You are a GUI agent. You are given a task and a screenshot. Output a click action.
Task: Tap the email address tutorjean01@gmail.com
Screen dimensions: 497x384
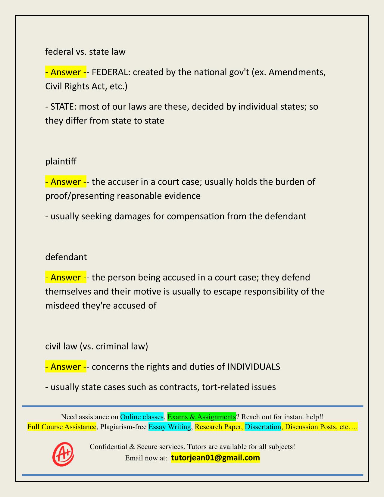pyautogui.click(x=215, y=458)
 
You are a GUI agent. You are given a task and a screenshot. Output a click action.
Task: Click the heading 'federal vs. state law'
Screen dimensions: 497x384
pyautogui.click(x=85, y=52)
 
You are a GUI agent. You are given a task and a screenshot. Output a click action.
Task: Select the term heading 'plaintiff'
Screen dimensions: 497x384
pyautogui.click(x=61, y=161)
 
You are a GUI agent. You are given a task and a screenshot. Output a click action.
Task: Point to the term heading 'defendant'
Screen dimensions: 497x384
pyautogui.click(x=66, y=257)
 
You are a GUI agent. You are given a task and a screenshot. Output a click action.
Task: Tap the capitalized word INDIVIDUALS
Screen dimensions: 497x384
pyautogui.click(x=253, y=367)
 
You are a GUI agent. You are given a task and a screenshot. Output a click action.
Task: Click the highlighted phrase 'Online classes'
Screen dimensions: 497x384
pyautogui.click(x=142, y=417)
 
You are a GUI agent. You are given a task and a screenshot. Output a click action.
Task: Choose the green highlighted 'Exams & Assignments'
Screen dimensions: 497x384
pyautogui.click(x=201, y=417)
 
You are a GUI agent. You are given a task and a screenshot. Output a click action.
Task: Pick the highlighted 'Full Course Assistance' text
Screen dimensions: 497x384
pyautogui.click(x=62, y=427)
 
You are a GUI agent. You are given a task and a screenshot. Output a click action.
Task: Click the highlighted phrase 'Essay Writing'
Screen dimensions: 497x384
pyautogui.click(x=170, y=427)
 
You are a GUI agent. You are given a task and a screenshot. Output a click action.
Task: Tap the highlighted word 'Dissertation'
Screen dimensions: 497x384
pyautogui.click(x=263, y=427)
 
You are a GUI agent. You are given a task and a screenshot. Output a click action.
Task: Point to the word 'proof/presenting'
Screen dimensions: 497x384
pyautogui.click(x=80, y=196)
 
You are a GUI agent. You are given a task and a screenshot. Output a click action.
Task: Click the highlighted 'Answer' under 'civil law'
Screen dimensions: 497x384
pyautogui.click(x=66, y=367)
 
